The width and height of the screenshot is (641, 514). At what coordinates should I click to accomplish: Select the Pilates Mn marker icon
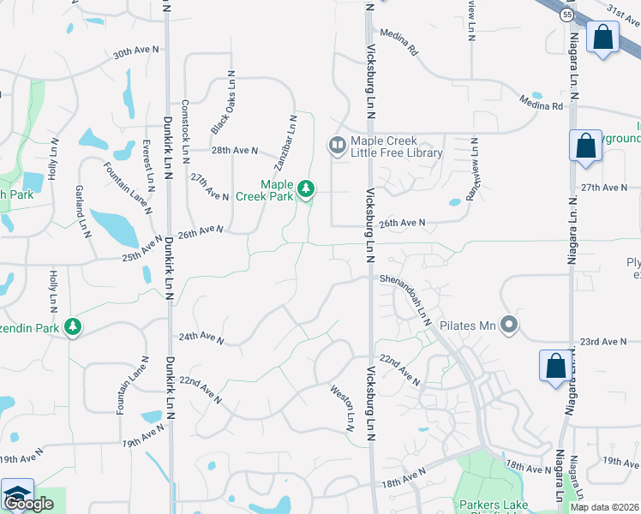(x=510, y=325)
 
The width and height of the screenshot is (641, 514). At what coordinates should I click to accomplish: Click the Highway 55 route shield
(x=567, y=15)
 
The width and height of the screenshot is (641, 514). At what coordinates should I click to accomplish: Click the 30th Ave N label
(x=136, y=52)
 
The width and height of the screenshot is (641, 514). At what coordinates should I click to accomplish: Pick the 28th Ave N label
(x=236, y=151)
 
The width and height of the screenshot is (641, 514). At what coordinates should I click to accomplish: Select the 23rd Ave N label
(x=604, y=342)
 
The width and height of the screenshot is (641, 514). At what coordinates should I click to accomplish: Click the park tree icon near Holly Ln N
(x=74, y=326)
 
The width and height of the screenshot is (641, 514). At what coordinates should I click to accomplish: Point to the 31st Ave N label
(x=623, y=10)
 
